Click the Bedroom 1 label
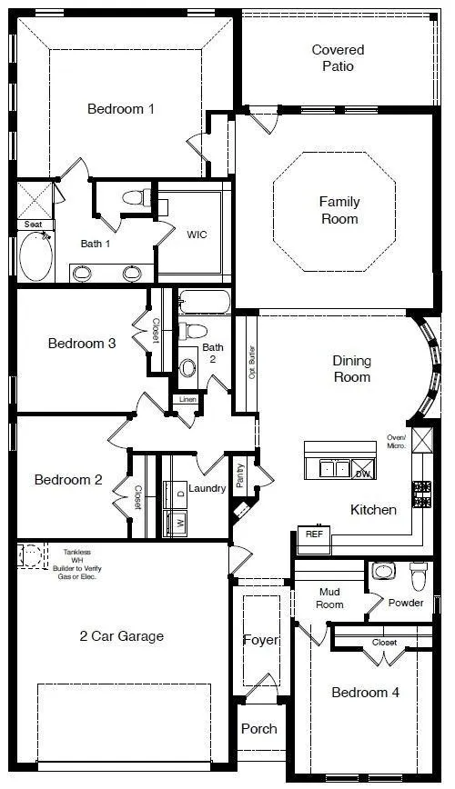(x=120, y=109)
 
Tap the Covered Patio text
(x=338, y=58)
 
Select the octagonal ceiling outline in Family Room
(x=334, y=211)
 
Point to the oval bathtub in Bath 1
(x=36, y=257)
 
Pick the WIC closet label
(x=197, y=235)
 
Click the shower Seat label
(x=33, y=224)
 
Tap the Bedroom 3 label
(x=81, y=344)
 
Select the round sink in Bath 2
(x=188, y=367)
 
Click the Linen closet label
(x=187, y=399)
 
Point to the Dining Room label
(x=351, y=369)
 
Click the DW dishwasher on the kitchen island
(x=362, y=473)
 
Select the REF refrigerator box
(x=314, y=535)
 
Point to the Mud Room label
(x=329, y=597)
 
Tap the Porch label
(x=258, y=729)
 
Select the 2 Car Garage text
(x=121, y=636)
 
